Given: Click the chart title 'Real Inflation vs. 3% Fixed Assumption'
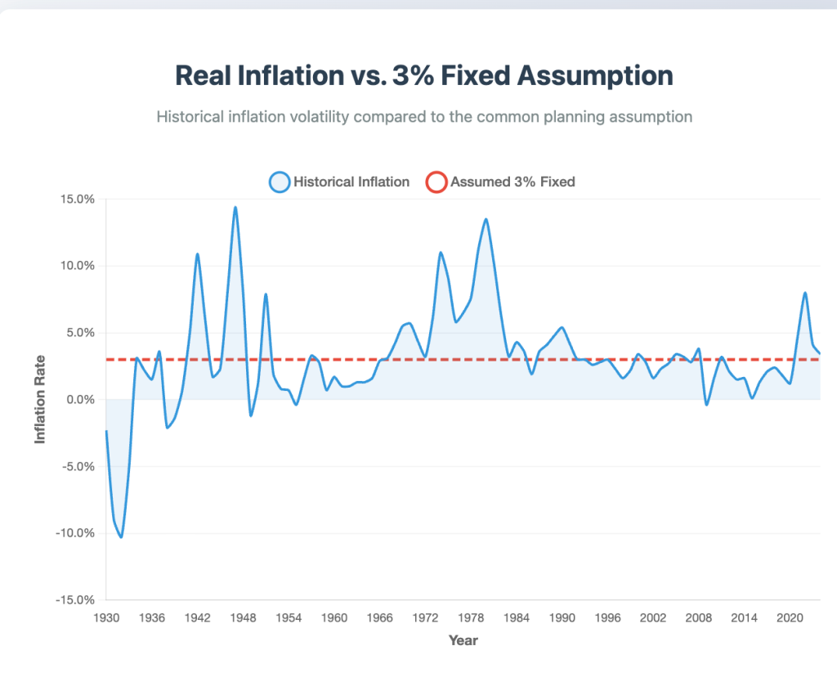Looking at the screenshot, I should pyautogui.click(x=424, y=75).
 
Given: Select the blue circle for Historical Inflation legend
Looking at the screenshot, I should pyautogui.click(x=280, y=182).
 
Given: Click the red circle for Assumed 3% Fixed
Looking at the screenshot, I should pyautogui.click(x=436, y=182).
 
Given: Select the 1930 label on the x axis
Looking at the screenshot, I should pyautogui.click(x=106, y=618).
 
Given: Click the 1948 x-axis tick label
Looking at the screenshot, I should pyautogui.click(x=243, y=618).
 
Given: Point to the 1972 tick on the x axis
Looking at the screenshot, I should pyautogui.click(x=425, y=618).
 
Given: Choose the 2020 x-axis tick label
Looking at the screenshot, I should pyautogui.click(x=790, y=618).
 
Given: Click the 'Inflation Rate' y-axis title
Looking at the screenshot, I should pyautogui.click(x=40, y=399).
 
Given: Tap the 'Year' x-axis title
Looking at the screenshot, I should pyautogui.click(x=463, y=640).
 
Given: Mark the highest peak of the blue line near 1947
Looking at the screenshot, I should pyautogui.click(x=235, y=207).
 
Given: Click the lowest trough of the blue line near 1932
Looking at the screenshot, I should pyautogui.click(x=121, y=537).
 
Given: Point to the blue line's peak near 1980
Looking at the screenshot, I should pyautogui.click(x=486, y=219).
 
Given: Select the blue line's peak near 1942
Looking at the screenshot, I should pyautogui.click(x=197, y=253).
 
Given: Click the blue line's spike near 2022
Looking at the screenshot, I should pyautogui.click(x=805, y=293).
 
